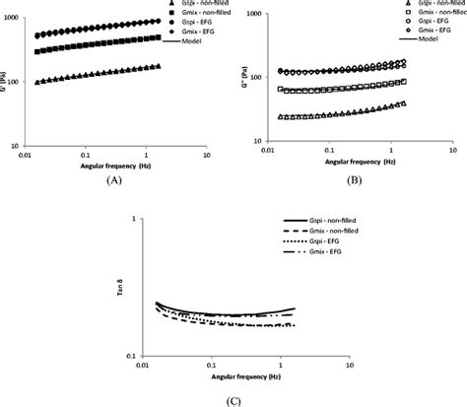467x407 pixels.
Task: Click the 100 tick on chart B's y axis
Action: (249, 78)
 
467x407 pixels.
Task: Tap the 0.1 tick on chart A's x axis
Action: (87, 155)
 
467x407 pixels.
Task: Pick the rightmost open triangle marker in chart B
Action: (403, 102)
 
